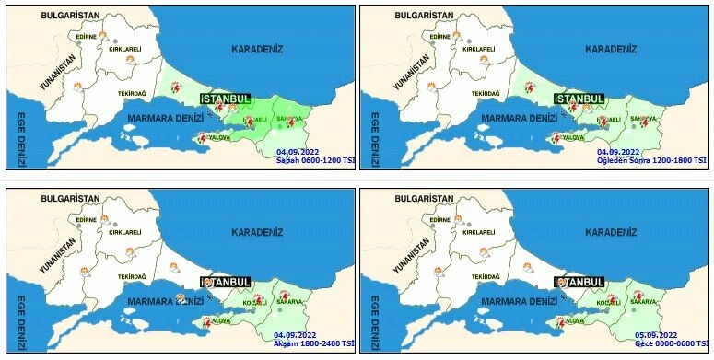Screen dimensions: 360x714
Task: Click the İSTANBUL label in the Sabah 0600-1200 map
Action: [226, 99]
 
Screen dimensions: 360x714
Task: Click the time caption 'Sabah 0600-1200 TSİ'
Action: [314, 160]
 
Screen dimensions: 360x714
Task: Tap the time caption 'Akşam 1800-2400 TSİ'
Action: [312, 343]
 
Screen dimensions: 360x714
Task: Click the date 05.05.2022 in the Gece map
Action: [656, 334]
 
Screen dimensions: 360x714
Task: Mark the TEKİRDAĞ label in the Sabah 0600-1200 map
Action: [133, 94]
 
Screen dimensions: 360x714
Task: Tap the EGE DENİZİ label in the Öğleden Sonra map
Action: [374, 135]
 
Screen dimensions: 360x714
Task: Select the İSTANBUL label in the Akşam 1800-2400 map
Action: [226, 282]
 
